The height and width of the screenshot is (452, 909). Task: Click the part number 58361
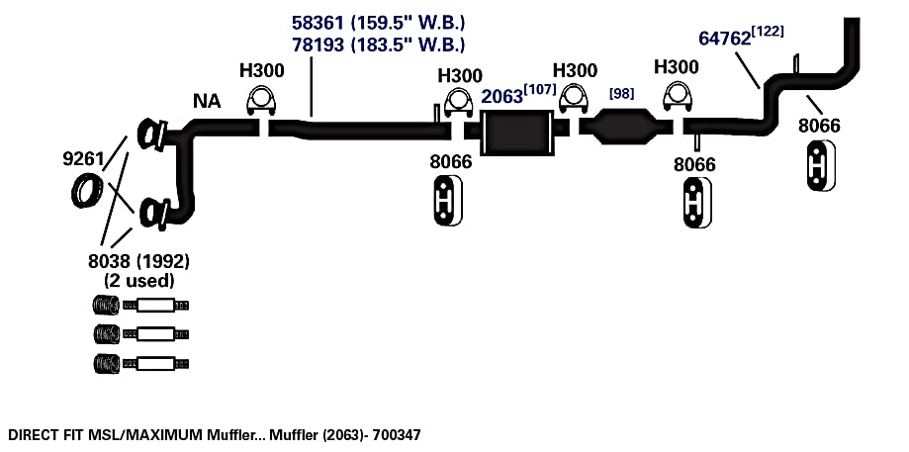(x=318, y=23)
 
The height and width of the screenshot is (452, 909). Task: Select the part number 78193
(x=318, y=45)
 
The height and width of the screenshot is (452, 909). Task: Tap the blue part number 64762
(x=725, y=39)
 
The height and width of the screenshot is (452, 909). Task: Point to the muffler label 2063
(x=502, y=96)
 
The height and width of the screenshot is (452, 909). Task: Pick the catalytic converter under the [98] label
(x=624, y=126)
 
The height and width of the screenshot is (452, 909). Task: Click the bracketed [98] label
(x=621, y=93)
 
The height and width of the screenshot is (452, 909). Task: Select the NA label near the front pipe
(x=207, y=102)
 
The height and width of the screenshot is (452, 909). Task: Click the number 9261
(x=83, y=159)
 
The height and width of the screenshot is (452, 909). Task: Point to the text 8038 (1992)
(x=138, y=261)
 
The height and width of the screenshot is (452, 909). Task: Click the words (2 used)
(x=139, y=281)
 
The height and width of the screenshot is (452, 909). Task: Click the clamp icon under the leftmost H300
(x=261, y=101)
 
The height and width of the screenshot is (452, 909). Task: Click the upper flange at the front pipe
(x=152, y=135)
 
